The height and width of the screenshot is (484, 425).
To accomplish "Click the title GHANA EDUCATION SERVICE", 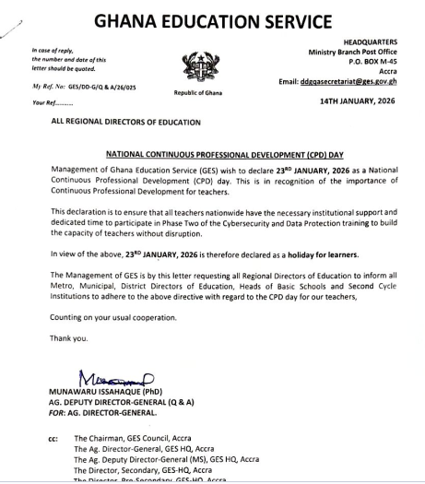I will (212, 19).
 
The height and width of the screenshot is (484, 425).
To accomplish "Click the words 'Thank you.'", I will (69, 337).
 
